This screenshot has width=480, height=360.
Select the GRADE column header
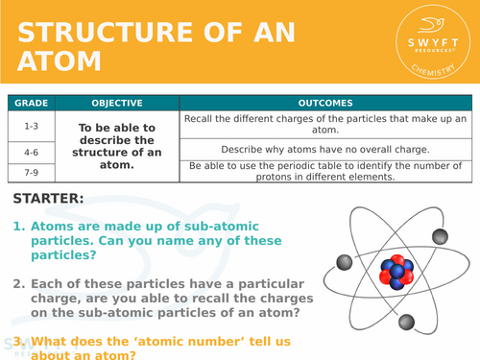31,103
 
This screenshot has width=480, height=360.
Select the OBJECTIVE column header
117,103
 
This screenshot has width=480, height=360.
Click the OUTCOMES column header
325,103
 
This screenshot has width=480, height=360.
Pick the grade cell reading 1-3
31,124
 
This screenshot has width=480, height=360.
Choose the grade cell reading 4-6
31,150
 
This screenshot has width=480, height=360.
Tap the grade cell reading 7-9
31,171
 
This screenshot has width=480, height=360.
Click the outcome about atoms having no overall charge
325,150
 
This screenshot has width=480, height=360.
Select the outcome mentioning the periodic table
325,171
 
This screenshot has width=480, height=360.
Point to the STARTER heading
49,199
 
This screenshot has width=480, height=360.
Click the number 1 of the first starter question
18,228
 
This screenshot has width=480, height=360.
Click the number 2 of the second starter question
18,284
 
